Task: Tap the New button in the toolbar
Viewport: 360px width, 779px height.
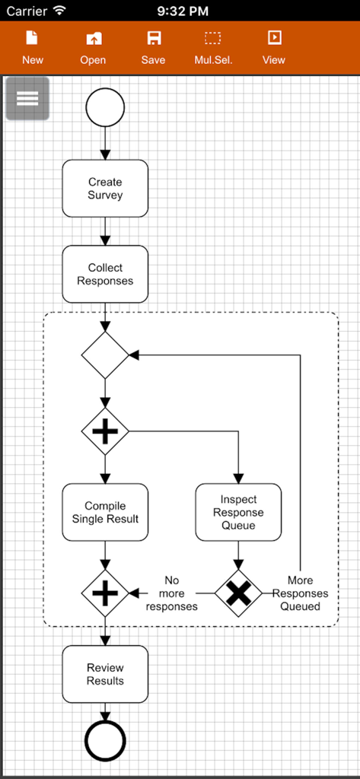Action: point(32,47)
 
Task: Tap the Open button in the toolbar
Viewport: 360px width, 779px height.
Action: point(93,47)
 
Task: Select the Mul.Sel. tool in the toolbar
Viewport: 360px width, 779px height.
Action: point(212,47)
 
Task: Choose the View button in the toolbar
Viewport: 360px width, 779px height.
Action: point(273,47)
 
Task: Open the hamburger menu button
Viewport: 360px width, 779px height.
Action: point(27,99)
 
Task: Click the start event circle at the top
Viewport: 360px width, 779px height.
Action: point(105,107)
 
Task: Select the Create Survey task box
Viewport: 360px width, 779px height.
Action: point(105,189)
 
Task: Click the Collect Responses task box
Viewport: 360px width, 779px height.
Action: point(105,274)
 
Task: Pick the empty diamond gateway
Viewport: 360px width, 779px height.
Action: point(105,355)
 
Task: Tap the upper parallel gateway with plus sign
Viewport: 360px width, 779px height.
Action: point(105,431)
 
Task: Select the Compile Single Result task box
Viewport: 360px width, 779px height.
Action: point(105,512)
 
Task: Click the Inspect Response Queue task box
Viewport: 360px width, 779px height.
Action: point(238,512)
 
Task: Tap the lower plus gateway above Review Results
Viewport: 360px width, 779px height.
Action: point(105,593)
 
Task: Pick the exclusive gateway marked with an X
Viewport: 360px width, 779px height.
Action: point(238,593)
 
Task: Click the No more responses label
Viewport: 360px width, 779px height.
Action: point(172,593)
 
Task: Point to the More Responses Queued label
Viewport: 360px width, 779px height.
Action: point(300,593)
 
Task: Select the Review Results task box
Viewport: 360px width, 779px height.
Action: point(105,674)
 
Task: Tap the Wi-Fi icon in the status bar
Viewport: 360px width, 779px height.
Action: point(59,11)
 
